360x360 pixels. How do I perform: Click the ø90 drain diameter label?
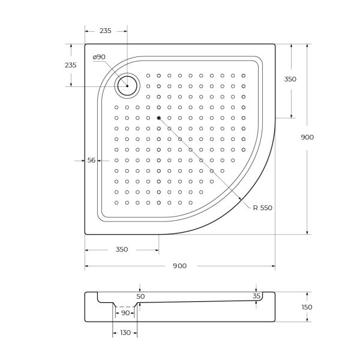click(x=99, y=57)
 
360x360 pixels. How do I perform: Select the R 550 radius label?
click(x=262, y=208)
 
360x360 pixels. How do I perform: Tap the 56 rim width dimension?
click(x=92, y=160)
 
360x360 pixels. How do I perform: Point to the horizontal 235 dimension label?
click(x=106, y=32)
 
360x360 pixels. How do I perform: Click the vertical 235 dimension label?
click(x=70, y=65)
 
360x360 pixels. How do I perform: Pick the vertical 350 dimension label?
click(x=290, y=79)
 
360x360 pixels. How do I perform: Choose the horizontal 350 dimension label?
click(x=121, y=250)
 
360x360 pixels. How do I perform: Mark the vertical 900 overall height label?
click(x=307, y=137)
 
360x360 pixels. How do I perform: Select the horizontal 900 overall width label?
click(x=179, y=266)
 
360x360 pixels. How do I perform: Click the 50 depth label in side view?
click(x=140, y=296)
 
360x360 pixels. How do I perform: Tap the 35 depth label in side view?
click(x=257, y=296)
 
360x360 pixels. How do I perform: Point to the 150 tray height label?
click(x=307, y=307)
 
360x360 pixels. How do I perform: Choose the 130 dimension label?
click(x=125, y=333)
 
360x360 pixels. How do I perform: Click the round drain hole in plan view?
click(x=127, y=86)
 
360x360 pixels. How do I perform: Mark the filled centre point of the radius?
click(x=158, y=118)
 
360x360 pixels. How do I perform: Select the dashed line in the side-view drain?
click(x=126, y=305)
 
